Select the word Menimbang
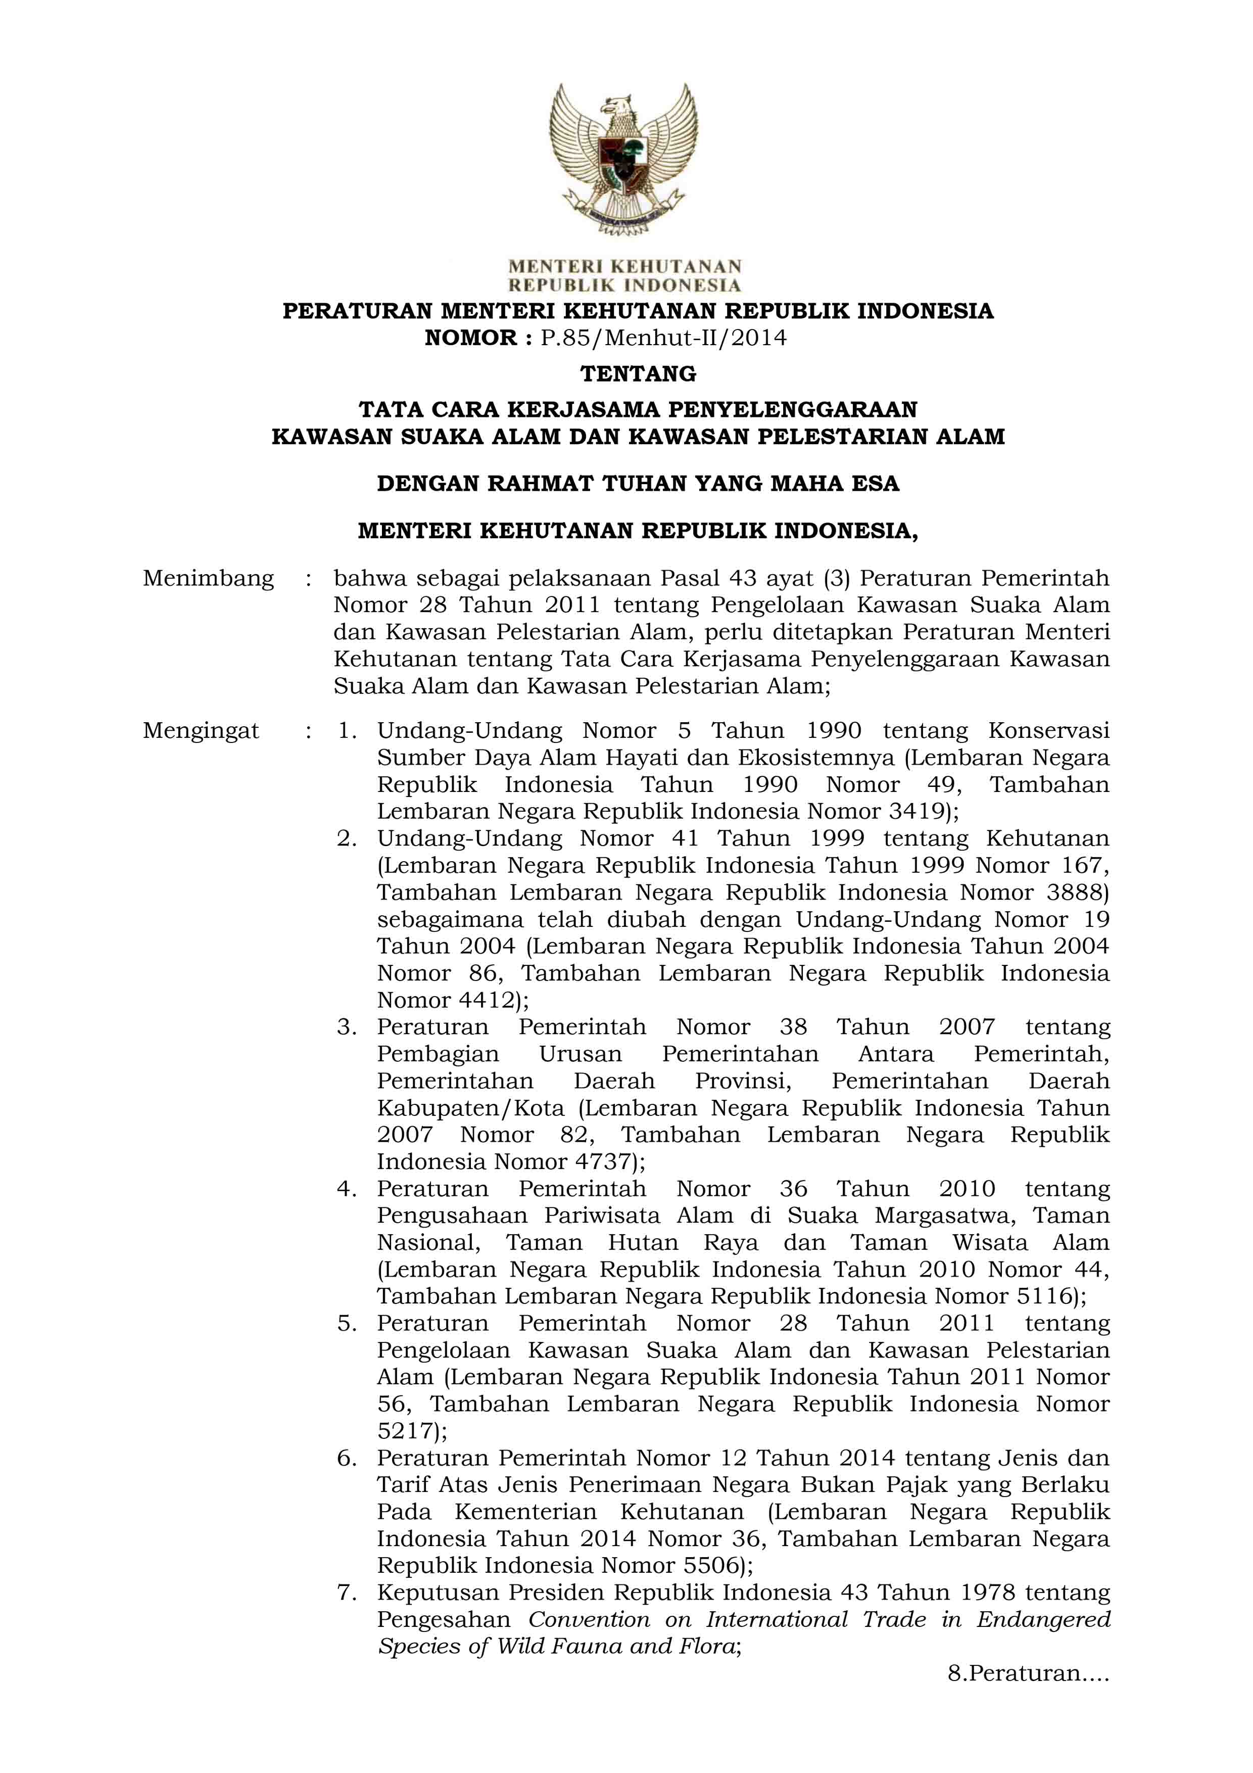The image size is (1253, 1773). coord(209,579)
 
